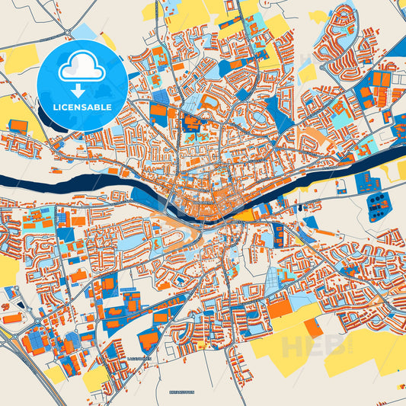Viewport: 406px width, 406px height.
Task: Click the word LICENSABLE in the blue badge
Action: [x=82, y=107]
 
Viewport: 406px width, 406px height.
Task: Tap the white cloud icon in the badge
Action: [x=82, y=68]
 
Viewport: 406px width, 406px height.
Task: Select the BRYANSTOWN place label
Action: [x=181, y=391]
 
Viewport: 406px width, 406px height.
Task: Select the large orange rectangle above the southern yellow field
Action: [x=280, y=308]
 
